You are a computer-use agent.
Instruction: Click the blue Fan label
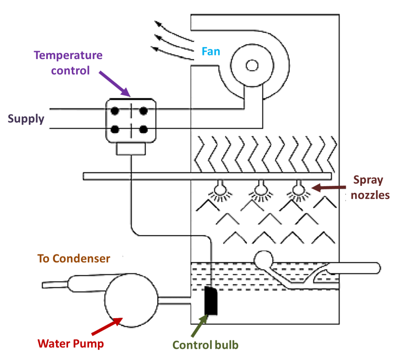coord(211,51)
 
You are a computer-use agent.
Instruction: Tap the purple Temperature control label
coord(68,63)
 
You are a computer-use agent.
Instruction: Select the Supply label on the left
coord(26,119)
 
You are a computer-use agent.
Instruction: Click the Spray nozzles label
coord(370,187)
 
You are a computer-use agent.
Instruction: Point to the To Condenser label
coord(74,259)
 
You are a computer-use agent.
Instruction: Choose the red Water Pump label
coord(70,344)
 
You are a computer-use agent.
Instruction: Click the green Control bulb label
coord(205,345)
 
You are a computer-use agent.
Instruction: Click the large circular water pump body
coord(130,301)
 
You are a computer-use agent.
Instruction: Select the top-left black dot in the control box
coord(114,111)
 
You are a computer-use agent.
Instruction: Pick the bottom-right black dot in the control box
coord(143,129)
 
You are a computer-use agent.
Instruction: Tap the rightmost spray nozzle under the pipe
coord(300,190)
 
